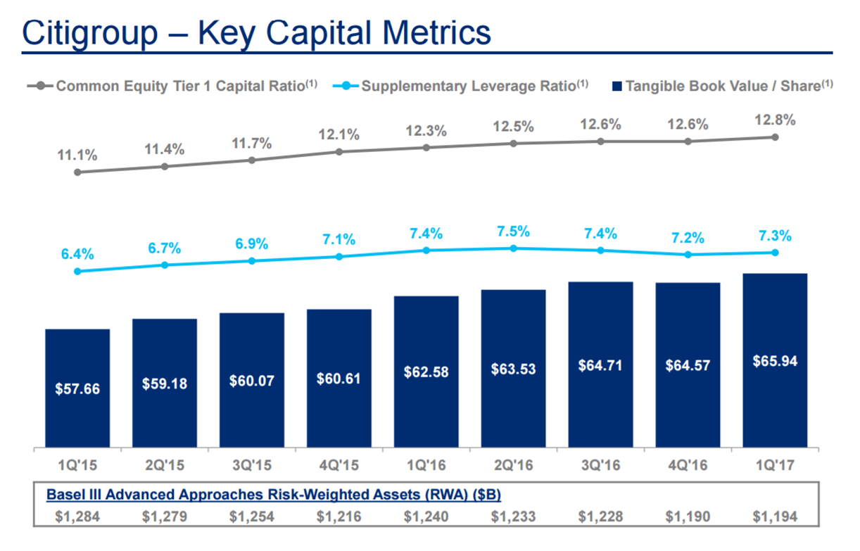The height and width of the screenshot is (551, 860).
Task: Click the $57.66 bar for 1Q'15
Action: (77, 388)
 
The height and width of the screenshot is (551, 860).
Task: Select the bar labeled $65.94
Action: (775, 360)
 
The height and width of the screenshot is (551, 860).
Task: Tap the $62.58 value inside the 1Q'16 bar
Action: (426, 372)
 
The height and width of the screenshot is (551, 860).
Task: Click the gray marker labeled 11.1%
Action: (77, 172)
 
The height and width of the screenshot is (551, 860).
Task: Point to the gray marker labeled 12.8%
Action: (775, 137)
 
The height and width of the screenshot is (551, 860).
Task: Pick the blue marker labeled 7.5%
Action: (513, 248)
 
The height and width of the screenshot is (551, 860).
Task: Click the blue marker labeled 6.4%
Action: (77, 271)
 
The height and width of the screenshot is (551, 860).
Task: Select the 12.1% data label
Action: (339, 134)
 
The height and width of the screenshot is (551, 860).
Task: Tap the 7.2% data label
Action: (688, 237)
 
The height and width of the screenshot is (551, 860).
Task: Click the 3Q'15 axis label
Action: (251, 466)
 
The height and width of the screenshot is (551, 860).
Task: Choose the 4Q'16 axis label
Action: (688, 466)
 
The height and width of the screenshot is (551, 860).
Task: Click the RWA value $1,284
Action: (77, 517)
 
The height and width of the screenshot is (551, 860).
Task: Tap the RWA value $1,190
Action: (688, 517)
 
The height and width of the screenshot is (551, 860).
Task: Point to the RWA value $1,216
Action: (339, 517)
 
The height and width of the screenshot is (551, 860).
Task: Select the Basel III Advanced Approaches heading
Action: (273, 495)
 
